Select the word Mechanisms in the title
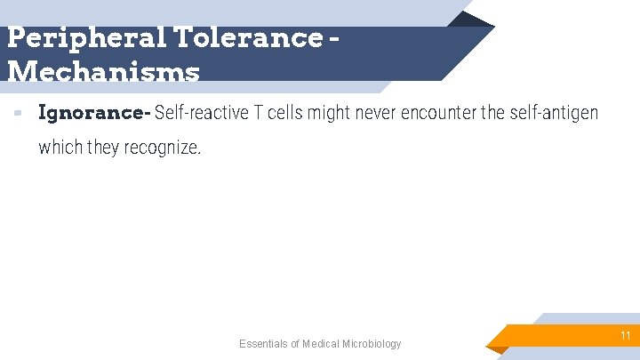pyautogui.click(x=103, y=71)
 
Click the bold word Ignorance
pyautogui.click(x=93, y=114)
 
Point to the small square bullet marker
pyautogui.click(x=18, y=114)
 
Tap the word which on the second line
pyautogui.click(x=60, y=148)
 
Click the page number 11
pyautogui.click(x=625, y=336)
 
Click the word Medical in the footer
pyautogui.click(x=323, y=344)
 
